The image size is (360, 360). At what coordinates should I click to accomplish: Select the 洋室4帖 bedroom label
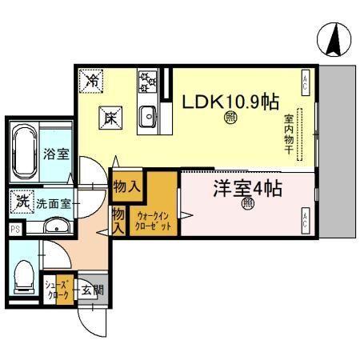coord(246,190)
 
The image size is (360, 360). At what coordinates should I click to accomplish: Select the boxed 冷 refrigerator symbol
coord(93,80)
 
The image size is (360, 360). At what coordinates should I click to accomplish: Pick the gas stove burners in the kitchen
coord(147,82)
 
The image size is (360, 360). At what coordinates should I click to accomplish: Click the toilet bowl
coord(22,277)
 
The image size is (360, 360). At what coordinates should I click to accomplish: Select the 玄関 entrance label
coord(91,290)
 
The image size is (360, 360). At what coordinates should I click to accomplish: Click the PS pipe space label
coord(14,230)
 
